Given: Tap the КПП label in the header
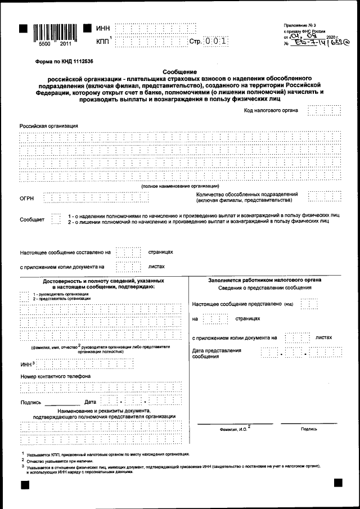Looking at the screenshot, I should [x=103, y=42].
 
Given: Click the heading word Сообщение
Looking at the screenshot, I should [x=179, y=71].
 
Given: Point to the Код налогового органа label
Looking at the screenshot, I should [x=274, y=111].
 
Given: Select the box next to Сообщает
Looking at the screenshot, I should [x=55, y=219].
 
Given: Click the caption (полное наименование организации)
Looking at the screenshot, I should [x=180, y=186].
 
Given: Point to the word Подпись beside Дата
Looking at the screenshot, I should [x=30, y=402].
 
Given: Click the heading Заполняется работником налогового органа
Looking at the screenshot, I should [x=264, y=280].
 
